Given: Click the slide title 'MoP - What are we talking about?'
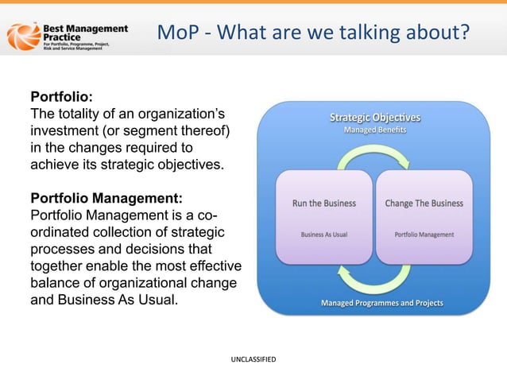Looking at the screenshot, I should (x=313, y=33).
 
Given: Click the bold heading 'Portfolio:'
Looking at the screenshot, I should (x=61, y=96).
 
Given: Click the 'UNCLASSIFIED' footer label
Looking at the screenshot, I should (x=253, y=360).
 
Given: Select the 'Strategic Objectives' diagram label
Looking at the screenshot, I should (x=375, y=118).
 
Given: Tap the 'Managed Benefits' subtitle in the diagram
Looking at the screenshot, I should (x=375, y=130).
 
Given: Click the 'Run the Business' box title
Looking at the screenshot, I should (x=323, y=203).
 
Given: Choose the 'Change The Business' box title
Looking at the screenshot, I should (x=424, y=203).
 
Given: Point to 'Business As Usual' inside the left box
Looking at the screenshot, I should (x=323, y=235).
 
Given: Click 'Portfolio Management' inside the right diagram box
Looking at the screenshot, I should (x=424, y=235).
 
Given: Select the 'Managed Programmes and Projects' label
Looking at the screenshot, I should (x=381, y=303).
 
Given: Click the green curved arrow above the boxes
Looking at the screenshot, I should (x=373, y=159).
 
